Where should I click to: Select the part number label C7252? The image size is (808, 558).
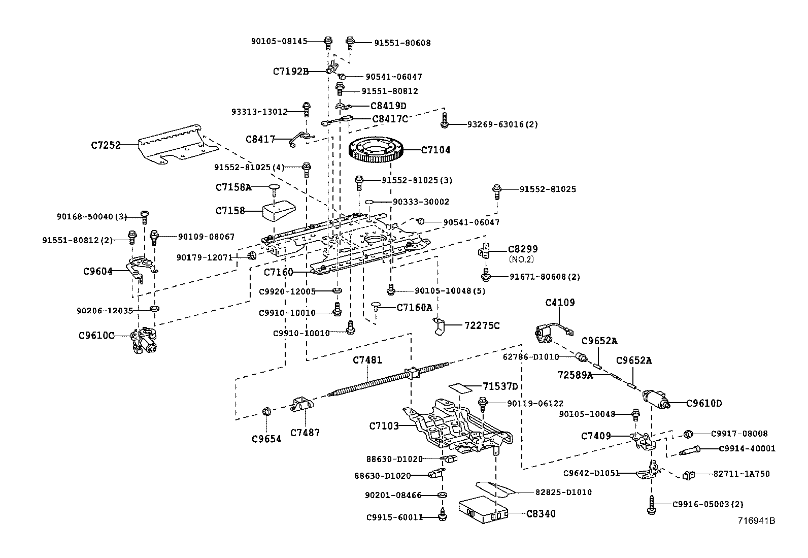coord(106,145)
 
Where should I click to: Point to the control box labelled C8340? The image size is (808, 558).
coord(482,510)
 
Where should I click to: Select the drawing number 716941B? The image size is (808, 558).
coord(757,520)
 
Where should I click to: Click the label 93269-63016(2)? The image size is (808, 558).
coord(502,124)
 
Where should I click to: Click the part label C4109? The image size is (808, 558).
coord(560,303)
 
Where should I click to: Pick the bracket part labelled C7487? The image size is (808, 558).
coord(303,406)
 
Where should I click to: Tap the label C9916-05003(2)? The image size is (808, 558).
coord(708,504)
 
